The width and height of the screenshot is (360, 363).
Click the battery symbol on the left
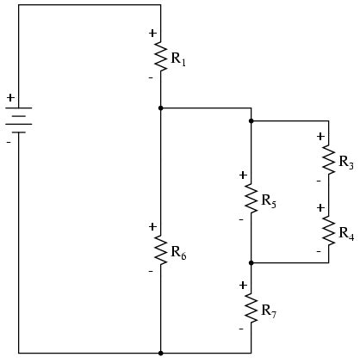click(x=18, y=120)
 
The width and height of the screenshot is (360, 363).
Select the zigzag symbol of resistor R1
click(x=161, y=56)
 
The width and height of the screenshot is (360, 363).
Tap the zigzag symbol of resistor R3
click(x=328, y=158)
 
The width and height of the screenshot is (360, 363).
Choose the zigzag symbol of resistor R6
click(x=161, y=249)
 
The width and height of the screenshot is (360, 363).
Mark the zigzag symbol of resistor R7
click(x=251, y=305)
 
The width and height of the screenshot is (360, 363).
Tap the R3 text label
click(x=345, y=162)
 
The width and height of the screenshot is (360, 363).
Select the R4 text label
click(x=345, y=233)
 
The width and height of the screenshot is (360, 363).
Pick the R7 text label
click(x=268, y=310)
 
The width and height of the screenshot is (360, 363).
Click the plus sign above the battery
click(x=10, y=98)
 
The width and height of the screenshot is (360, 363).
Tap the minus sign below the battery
click(x=9, y=141)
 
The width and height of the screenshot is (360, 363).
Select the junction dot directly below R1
click(x=161, y=108)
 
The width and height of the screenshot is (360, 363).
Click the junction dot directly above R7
click(x=251, y=262)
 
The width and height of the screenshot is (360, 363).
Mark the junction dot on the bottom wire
click(x=161, y=353)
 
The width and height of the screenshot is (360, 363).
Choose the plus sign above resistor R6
click(x=152, y=226)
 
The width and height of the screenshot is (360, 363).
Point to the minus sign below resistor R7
click(x=242, y=327)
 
